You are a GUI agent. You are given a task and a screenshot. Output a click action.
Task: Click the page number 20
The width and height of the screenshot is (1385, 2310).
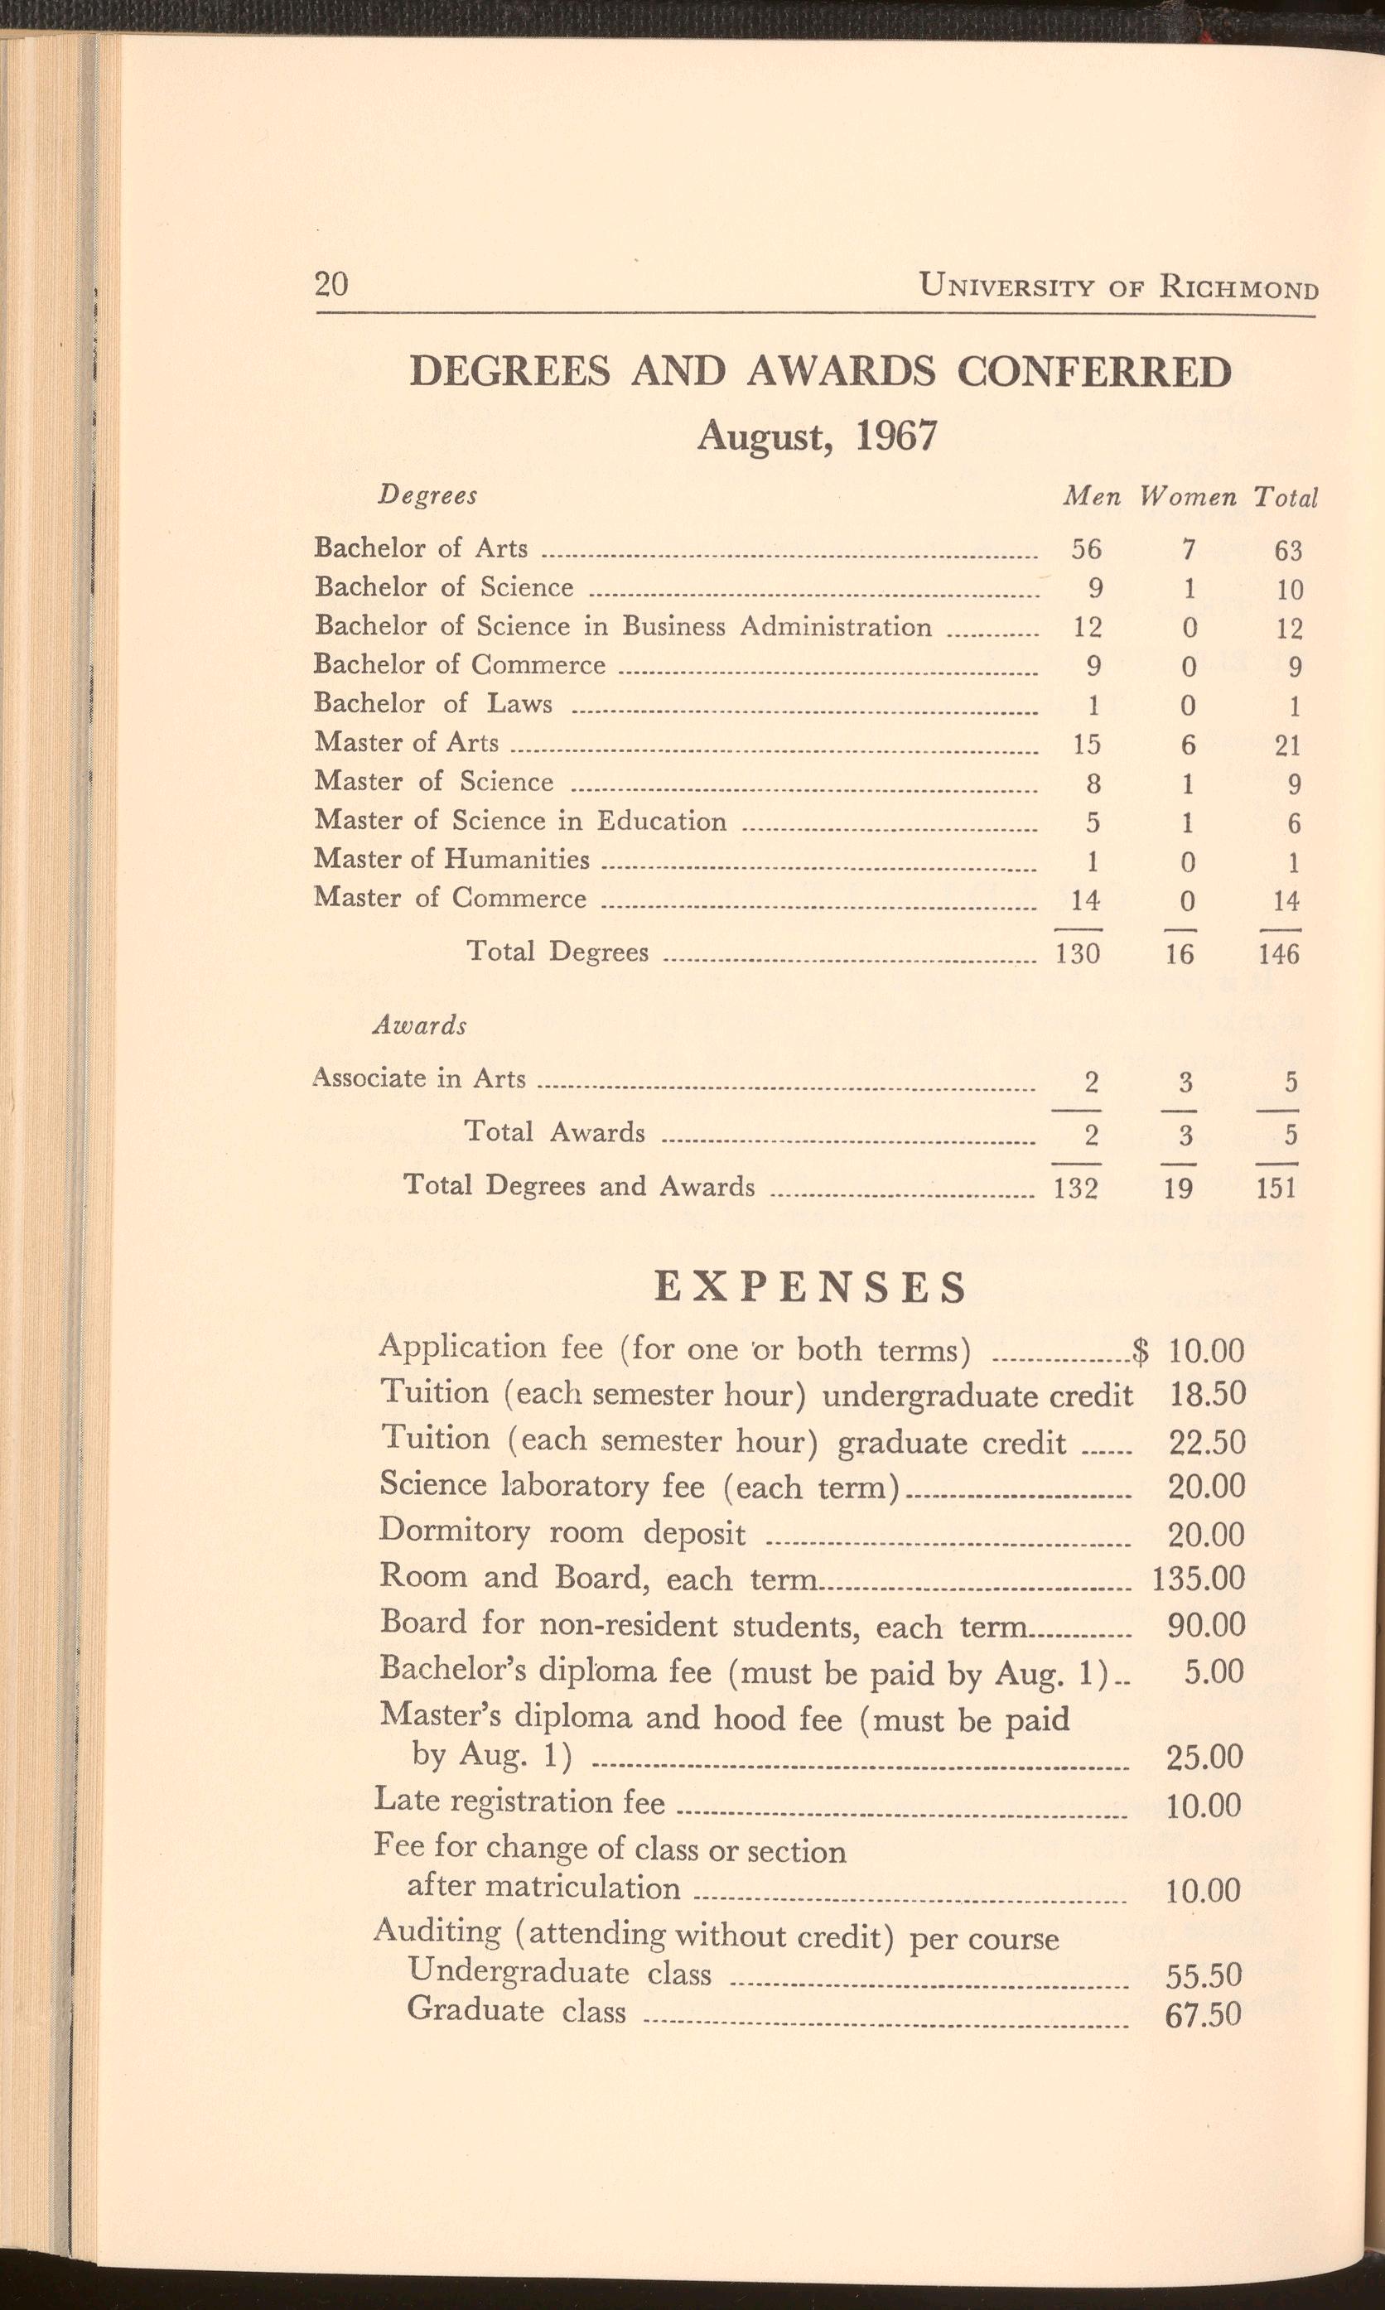tap(331, 283)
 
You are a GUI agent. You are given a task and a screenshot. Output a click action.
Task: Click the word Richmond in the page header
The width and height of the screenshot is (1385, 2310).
tap(1238, 286)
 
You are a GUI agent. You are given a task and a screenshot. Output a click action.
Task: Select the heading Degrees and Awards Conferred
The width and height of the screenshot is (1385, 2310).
tap(820, 372)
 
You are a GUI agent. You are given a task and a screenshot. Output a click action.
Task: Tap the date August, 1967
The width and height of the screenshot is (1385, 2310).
tap(817, 435)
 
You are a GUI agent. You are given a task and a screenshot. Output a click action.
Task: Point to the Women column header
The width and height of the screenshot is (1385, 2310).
tap(1187, 497)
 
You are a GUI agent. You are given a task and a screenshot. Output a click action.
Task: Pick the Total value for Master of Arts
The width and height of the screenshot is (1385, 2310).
tap(1288, 745)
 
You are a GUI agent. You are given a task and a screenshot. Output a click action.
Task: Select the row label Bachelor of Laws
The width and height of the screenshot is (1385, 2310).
tap(433, 703)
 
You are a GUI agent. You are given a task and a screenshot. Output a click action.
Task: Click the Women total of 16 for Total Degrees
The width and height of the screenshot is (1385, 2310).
tap(1180, 953)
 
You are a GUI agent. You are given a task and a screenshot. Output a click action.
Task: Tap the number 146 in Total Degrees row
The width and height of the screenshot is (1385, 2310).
tap(1279, 953)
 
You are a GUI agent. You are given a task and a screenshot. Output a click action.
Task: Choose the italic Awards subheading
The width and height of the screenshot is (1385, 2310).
tap(419, 1026)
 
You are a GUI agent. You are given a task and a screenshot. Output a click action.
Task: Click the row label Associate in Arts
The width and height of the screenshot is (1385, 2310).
tap(420, 1078)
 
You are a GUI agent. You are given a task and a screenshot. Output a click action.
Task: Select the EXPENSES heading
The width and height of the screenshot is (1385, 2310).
tap(810, 1289)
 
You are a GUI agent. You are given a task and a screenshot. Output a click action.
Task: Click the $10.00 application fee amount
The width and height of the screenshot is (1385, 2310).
tap(1206, 1350)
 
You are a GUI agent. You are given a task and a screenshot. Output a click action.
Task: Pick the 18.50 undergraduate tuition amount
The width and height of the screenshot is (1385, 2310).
tap(1207, 1395)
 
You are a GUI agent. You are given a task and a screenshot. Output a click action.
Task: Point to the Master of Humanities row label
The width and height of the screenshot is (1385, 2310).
tap(451, 859)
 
